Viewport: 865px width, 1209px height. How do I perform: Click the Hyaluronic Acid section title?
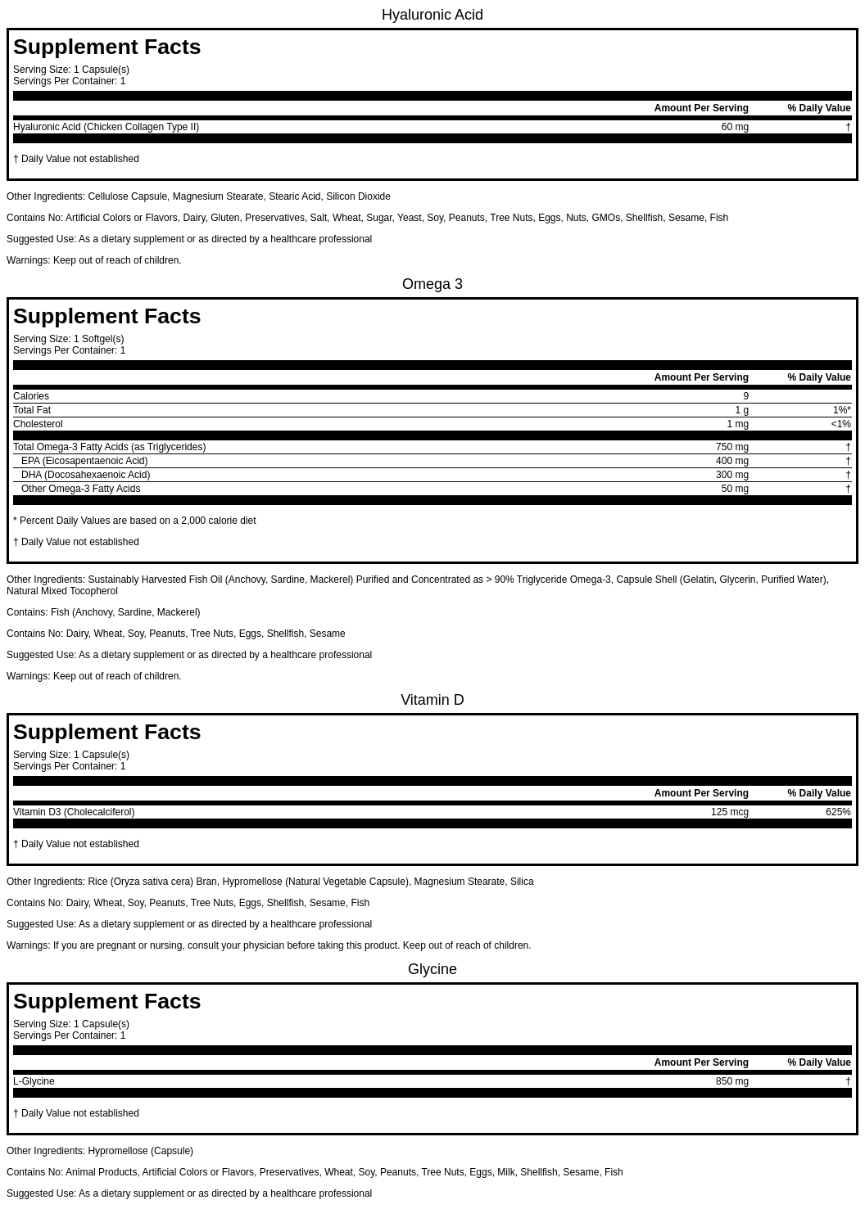(x=432, y=15)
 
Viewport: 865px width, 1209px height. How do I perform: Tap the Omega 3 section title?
(x=432, y=284)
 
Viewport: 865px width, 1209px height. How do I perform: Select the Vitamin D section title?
(x=432, y=700)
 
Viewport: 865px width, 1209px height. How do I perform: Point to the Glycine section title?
(x=432, y=969)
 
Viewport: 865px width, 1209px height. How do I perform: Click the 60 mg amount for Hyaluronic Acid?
(x=734, y=127)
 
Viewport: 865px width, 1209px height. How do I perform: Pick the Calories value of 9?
(x=745, y=396)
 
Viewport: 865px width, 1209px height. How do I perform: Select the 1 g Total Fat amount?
(x=741, y=410)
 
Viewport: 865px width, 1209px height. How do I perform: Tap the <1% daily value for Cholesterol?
(x=840, y=424)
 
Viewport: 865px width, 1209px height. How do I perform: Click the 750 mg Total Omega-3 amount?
(x=731, y=447)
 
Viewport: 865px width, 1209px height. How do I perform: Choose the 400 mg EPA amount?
(x=731, y=461)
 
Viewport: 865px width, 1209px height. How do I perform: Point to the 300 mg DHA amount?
(x=731, y=475)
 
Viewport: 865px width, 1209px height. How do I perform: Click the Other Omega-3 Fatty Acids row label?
(x=80, y=489)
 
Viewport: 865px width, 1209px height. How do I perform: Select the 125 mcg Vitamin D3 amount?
(x=729, y=812)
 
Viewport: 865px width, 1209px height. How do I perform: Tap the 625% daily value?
(x=838, y=812)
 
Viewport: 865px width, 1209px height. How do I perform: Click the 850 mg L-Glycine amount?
(x=731, y=1081)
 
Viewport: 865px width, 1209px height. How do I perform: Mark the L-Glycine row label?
(x=34, y=1081)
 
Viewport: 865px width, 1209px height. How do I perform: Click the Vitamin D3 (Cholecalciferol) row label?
(x=74, y=812)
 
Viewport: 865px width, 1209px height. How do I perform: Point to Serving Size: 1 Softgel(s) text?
(x=68, y=339)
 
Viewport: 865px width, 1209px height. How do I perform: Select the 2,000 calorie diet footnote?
(x=134, y=521)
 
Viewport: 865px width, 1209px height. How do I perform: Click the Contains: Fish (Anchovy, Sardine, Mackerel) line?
(x=103, y=612)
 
